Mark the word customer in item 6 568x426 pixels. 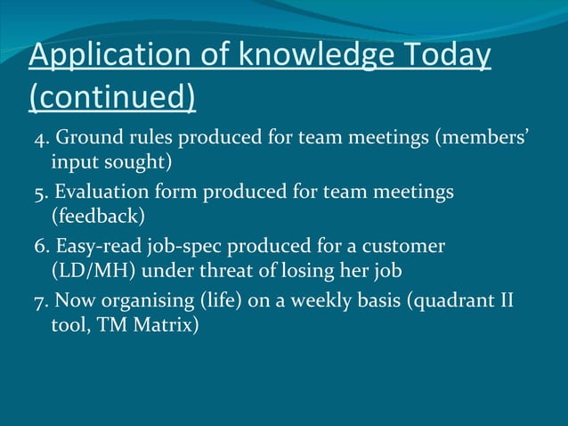pyautogui.click(x=404, y=245)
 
